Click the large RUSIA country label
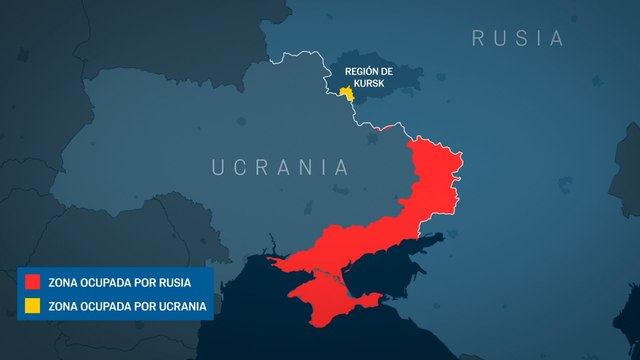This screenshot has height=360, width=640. [x=516, y=39]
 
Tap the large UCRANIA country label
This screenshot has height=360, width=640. [x=280, y=167]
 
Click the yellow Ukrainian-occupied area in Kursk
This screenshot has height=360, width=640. [x=347, y=93]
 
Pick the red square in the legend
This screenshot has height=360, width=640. [x=33, y=283]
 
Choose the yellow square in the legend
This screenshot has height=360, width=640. [x=33, y=306]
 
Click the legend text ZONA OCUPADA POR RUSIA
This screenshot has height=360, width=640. [x=119, y=283]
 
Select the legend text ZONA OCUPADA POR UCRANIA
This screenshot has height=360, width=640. [x=128, y=306]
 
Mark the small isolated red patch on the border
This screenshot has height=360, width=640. [x=381, y=128]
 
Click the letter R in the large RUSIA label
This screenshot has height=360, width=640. [x=479, y=39]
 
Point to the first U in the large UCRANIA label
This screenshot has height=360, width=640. [x=219, y=167]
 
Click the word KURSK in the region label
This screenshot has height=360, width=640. [x=368, y=85]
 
